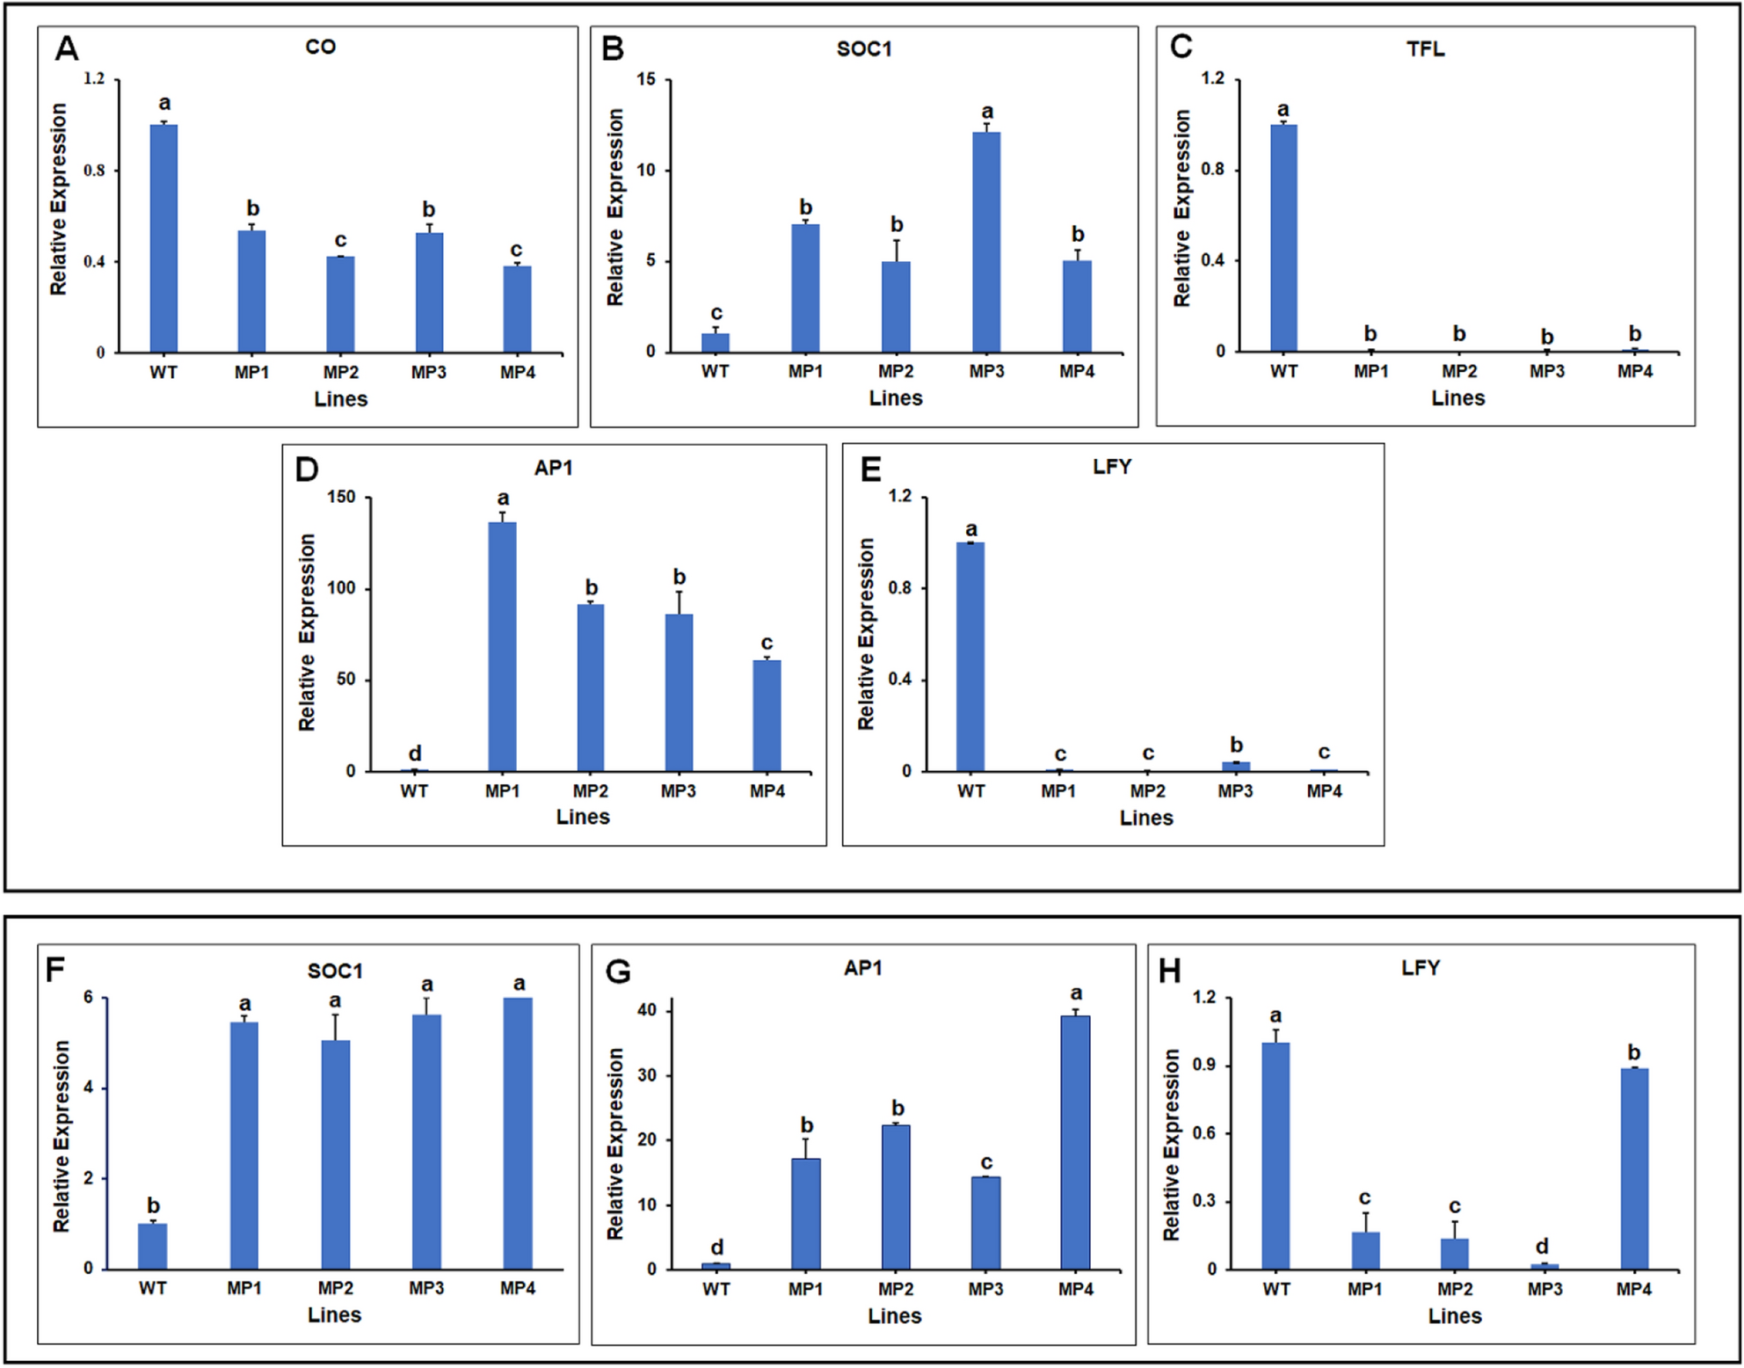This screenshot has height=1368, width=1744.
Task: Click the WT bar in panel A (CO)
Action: pos(163,238)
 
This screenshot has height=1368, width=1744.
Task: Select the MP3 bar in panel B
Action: pos(986,242)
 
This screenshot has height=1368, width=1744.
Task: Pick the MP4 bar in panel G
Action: pos(1075,1142)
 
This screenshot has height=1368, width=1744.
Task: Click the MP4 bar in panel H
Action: pos(1634,1168)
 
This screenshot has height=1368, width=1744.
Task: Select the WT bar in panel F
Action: pos(152,1246)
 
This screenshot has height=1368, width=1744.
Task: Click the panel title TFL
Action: pos(1425,49)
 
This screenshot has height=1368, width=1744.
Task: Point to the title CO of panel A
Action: pos(320,47)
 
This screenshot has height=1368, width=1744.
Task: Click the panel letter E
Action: pos(870,469)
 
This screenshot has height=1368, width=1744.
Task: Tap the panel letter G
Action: pos(618,972)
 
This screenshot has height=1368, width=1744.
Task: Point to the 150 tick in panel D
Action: pos(341,497)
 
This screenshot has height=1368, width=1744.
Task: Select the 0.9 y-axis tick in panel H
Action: pos(1203,1066)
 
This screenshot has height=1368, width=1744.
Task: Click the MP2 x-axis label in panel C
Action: pos(1459,371)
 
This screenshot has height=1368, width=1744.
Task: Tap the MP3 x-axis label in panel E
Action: pos(1235,790)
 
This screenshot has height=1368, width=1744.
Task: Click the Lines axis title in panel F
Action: pos(334,1314)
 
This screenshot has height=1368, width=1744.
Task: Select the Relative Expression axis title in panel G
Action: pos(614,1143)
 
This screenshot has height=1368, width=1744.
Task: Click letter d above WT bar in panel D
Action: pos(415,753)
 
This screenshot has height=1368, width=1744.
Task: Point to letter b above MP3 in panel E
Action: pos(1236,745)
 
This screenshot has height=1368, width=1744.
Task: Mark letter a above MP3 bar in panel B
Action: pos(987,112)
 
